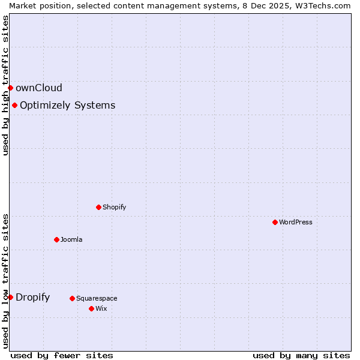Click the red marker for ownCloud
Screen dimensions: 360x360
[x=10, y=88]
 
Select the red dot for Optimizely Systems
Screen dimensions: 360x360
[x=14, y=106]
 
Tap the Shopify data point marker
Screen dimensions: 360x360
[x=98, y=207]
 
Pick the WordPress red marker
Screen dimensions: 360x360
[x=275, y=222]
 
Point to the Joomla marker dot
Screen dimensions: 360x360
[x=56, y=239]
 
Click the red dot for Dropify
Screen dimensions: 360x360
[x=10, y=297]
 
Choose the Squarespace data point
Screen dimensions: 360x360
[x=72, y=298]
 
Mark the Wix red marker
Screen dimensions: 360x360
[x=91, y=308]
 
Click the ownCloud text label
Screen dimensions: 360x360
[x=38, y=88]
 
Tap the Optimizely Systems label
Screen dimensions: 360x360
[x=67, y=106]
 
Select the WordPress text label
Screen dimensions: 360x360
[x=295, y=222]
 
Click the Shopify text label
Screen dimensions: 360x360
[x=114, y=207]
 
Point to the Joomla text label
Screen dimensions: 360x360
[x=71, y=239]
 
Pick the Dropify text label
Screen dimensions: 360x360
[x=32, y=297]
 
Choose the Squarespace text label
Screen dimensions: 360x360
[x=97, y=298]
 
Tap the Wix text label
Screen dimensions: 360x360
[x=101, y=308]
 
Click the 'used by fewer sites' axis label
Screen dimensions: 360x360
[x=62, y=355]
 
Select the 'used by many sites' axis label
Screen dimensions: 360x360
[x=301, y=355]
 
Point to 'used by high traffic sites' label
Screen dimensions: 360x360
[x=5, y=85]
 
